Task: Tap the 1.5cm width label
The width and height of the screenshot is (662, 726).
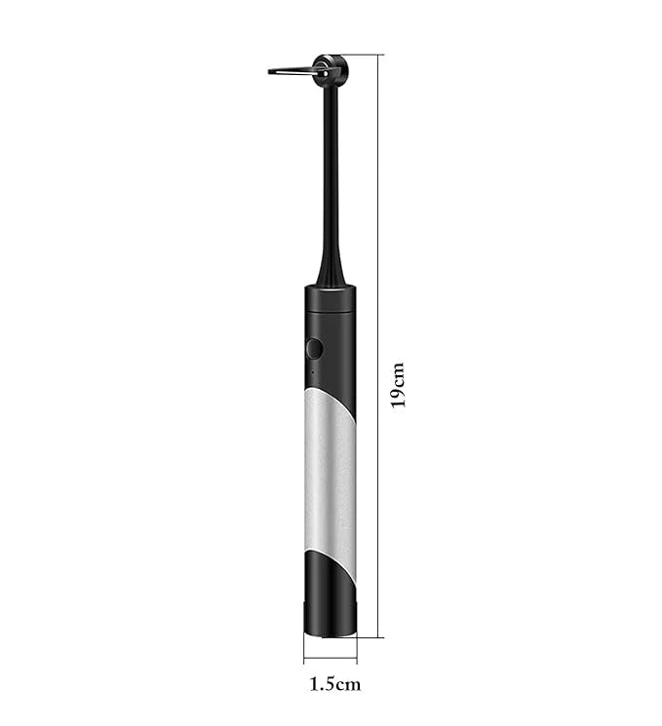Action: [x=334, y=683]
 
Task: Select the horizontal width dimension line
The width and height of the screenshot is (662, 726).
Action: [x=330, y=656]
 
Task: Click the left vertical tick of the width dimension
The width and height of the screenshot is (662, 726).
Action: [x=303, y=649]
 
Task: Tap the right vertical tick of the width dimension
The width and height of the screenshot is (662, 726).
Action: [x=356, y=649]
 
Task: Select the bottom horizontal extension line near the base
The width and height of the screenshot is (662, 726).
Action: [x=370, y=637]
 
